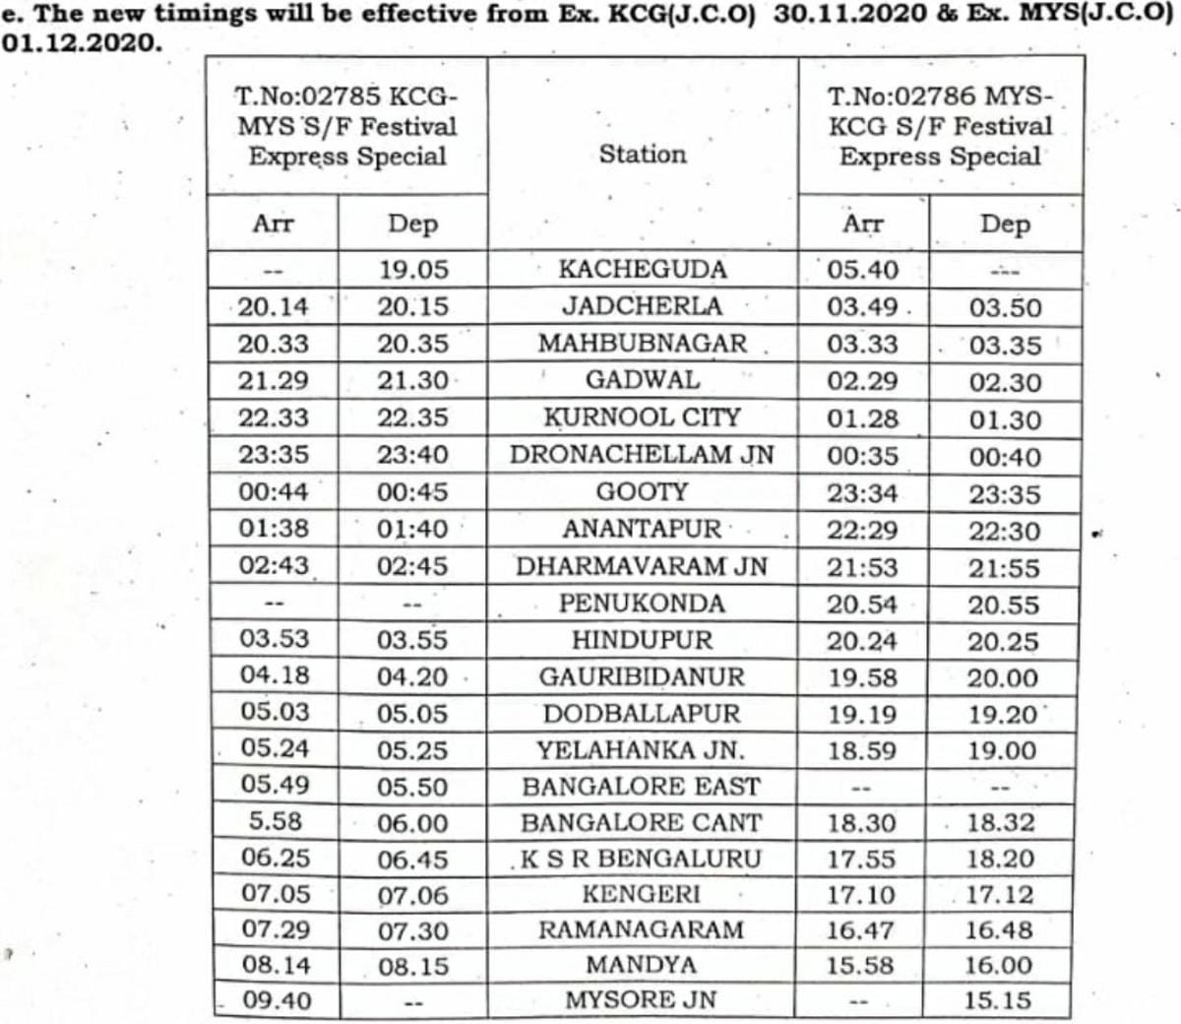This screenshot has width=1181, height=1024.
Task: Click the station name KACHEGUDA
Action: click(x=643, y=270)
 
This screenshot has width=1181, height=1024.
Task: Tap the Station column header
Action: click(x=643, y=155)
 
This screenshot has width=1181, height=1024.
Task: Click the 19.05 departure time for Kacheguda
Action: click(x=413, y=270)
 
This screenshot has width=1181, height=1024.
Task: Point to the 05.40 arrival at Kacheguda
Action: click(x=862, y=270)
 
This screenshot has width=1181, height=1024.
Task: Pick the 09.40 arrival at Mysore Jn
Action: click(x=277, y=1000)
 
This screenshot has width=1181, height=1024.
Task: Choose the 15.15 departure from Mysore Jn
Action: click(x=998, y=1000)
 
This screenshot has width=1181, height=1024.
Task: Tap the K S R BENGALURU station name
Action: click(x=641, y=859)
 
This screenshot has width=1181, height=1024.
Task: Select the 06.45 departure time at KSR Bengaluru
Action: click(x=413, y=860)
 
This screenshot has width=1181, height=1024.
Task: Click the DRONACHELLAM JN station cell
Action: click(x=642, y=455)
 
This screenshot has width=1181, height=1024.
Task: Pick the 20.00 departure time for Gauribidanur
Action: click(x=1002, y=678)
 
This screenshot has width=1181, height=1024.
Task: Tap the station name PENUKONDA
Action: click(x=642, y=603)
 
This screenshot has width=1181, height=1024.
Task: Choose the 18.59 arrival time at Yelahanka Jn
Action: click(x=862, y=750)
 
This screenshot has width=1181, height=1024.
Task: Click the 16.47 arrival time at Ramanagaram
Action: click(x=862, y=930)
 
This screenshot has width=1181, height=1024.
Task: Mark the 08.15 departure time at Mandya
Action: click(x=413, y=967)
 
